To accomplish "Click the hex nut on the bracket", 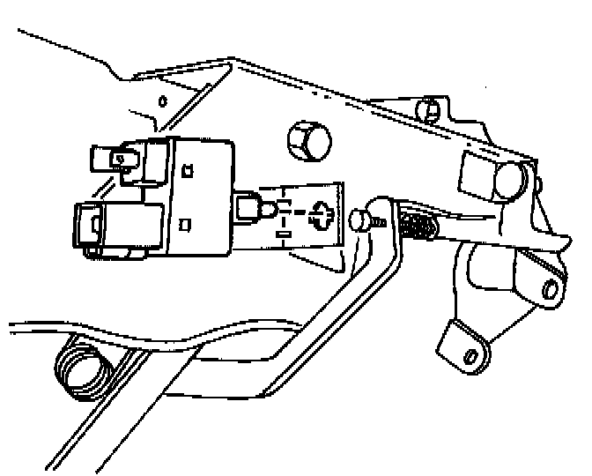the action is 307,140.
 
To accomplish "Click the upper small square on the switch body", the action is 187,171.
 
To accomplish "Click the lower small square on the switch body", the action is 184,226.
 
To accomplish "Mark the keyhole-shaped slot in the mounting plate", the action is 320,214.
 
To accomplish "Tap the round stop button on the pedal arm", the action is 359,220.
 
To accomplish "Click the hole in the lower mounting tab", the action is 470,354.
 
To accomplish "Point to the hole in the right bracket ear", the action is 551,289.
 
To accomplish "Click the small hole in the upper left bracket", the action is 161,100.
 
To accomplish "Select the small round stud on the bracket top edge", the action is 429,109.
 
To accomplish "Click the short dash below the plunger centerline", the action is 283,234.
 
